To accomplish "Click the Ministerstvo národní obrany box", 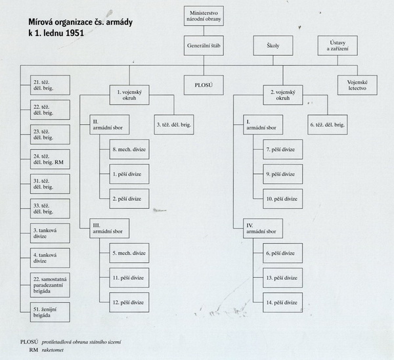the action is click(204, 16).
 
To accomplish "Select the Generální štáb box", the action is click(204, 45).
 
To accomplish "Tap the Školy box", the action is click(273, 45).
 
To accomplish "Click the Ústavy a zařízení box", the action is click(338, 45).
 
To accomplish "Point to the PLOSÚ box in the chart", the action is click(204, 85).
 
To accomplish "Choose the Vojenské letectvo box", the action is click(357, 85).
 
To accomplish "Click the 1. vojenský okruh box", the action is click(129, 95).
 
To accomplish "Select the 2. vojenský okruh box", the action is click(283, 95).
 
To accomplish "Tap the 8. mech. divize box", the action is click(129, 149).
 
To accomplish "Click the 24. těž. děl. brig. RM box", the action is click(50, 159).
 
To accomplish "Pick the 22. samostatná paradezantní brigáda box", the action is click(50, 285).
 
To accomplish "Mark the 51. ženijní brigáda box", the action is click(50, 312).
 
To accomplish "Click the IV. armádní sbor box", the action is click(263, 229).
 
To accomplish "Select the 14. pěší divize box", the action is click(283, 302).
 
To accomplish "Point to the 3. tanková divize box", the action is click(50, 233).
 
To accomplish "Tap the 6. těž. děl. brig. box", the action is click(328, 125).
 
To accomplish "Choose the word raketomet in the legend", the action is click(53, 350).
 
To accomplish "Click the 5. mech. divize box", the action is click(129, 253).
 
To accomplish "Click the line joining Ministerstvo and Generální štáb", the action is click(204, 31).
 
